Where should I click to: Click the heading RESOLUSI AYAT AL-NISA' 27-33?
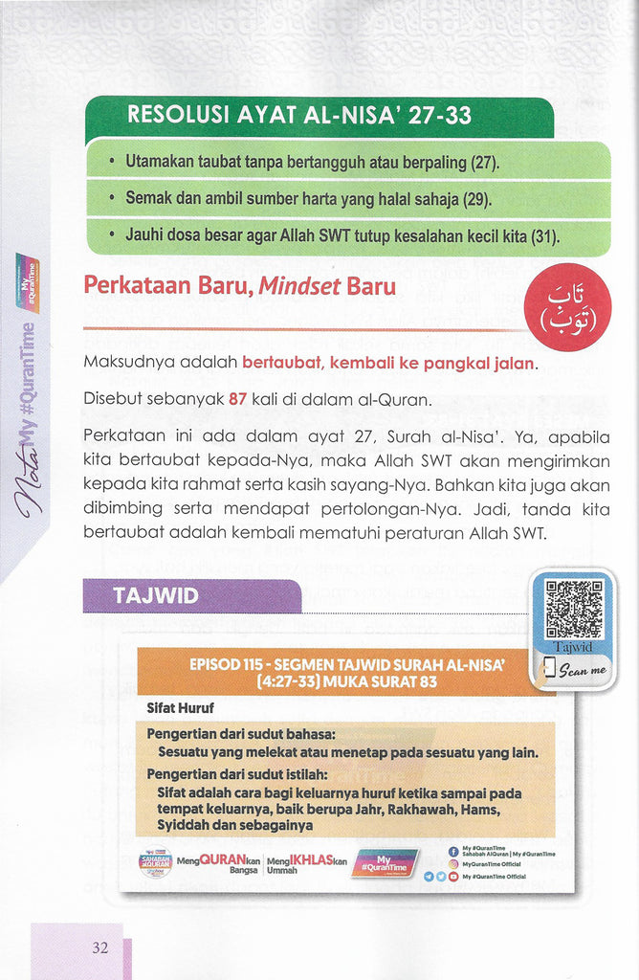(x=299, y=117)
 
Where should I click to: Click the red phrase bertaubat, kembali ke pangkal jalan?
(x=389, y=364)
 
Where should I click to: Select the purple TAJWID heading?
(x=156, y=595)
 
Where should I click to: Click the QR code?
(x=574, y=609)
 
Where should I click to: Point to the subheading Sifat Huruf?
(x=180, y=709)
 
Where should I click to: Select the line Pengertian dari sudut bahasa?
(x=240, y=734)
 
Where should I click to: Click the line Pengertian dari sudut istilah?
(x=237, y=774)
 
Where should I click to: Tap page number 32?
(x=100, y=948)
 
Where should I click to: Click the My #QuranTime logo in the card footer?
(x=385, y=860)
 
